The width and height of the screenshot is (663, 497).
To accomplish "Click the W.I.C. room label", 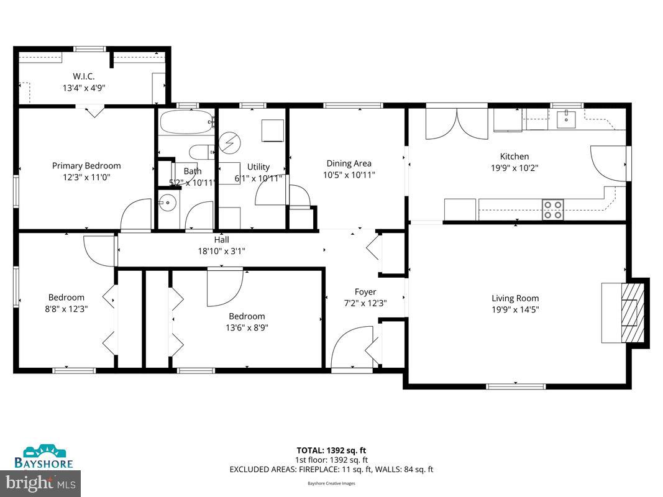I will (83, 77).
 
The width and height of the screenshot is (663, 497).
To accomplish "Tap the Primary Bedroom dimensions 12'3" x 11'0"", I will (86, 177).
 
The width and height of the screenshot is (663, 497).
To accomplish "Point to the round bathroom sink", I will (167, 201).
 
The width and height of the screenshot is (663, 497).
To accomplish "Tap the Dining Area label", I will (349, 163).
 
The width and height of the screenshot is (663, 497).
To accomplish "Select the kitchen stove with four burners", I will (552, 209).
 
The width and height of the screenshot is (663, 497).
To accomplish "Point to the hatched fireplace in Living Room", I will (632, 311).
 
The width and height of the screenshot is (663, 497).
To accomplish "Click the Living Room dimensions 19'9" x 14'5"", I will (515, 309).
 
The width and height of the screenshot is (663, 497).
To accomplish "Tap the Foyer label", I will (365, 292).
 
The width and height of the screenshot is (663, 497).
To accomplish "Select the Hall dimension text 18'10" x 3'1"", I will (222, 251).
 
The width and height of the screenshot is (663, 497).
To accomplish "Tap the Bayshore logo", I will (44, 457).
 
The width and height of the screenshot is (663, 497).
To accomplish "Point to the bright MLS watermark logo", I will (41, 481).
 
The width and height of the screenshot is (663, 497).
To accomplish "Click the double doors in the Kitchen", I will (457, 124).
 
